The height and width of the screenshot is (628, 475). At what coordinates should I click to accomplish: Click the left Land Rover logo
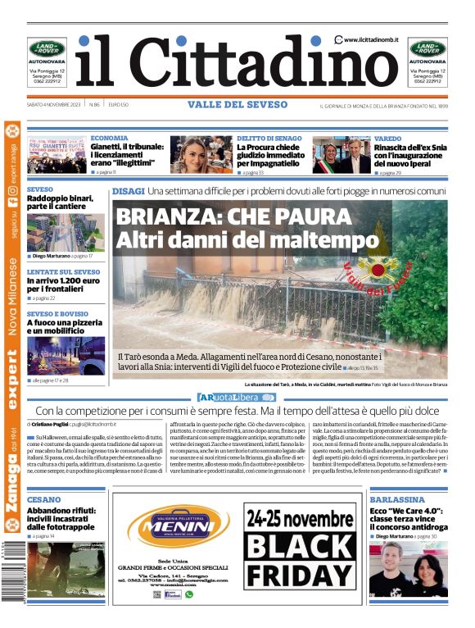[47, 48]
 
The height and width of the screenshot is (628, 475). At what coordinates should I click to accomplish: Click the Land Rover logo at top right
[428, 48]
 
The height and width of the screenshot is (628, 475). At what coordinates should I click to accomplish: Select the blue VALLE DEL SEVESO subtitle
[237, 105]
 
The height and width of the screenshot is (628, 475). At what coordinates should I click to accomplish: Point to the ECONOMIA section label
[109, 139]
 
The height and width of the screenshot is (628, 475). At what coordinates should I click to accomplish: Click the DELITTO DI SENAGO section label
[269, 139]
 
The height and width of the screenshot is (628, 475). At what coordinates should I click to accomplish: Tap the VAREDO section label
[387, 139]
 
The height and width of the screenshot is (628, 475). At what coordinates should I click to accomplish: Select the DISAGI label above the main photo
[128, 190]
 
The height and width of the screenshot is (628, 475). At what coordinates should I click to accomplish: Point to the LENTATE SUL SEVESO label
[63, 271]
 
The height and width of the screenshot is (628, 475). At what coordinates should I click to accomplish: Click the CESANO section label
[43, 498]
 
